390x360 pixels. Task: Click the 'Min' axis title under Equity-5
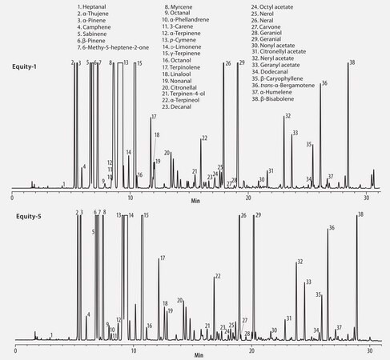coord(198,354)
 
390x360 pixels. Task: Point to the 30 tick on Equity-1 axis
coord(366,196)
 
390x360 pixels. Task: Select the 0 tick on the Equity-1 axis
coord(12,196)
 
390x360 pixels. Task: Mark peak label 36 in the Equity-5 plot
coord(331,229)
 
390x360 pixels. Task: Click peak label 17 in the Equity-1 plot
coord(153,118)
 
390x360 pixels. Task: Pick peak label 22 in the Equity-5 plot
coord(217,276)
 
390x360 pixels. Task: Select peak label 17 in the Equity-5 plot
coord(163,258)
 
